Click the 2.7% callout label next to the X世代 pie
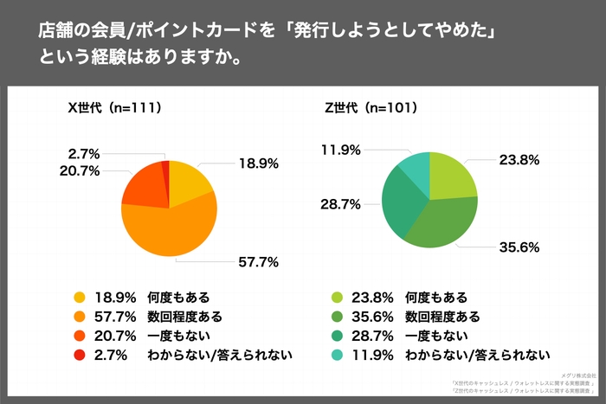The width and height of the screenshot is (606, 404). [83, 153]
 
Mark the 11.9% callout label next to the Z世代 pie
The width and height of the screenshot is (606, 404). [339, 151]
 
